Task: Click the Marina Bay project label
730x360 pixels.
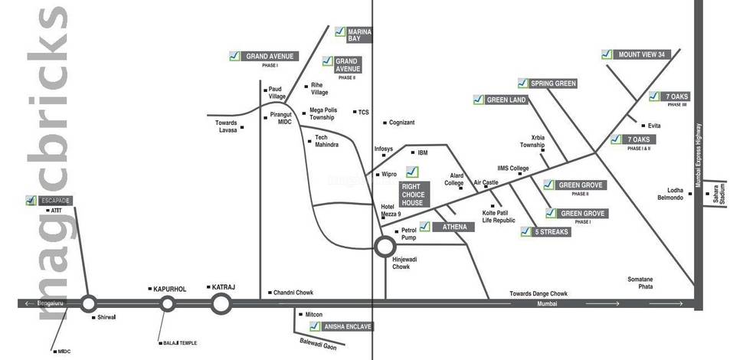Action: coord(359,34)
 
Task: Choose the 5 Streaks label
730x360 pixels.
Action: coord(552,231)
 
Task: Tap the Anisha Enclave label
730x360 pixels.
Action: coord(347,326)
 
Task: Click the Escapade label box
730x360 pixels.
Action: coord(55,200)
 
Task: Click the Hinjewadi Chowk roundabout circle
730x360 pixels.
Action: coord(385,247)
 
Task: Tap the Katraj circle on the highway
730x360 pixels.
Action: coord(221,303)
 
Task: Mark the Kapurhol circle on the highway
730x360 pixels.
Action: coord(168,304)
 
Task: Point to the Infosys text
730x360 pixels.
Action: coord(383,149)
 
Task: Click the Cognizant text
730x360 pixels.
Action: coord(401,123)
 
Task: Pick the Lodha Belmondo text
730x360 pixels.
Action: coord(670,194)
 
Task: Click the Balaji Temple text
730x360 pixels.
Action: coord(179,343)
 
